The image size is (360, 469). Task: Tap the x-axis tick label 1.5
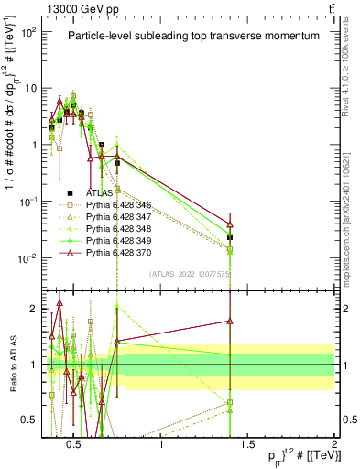coord(247,446)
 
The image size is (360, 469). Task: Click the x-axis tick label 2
coord(334,446)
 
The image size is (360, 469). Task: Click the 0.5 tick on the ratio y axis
coord(29,420)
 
